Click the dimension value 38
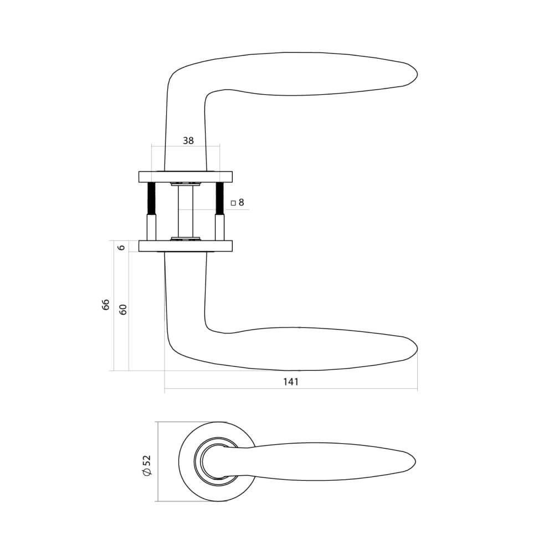click(188, 141)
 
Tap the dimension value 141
click(291, 382)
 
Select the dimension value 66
click(106, 304)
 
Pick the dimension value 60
click(124, 309)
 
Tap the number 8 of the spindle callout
click(241, 203)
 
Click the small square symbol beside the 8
click(233, 203)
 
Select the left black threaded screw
click(150, 198)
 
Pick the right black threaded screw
click(219, 198)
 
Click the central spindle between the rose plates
click(185, 211)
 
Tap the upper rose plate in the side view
click(185, 177)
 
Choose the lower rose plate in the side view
click(185, 245)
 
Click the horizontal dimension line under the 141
click(291, 389)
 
